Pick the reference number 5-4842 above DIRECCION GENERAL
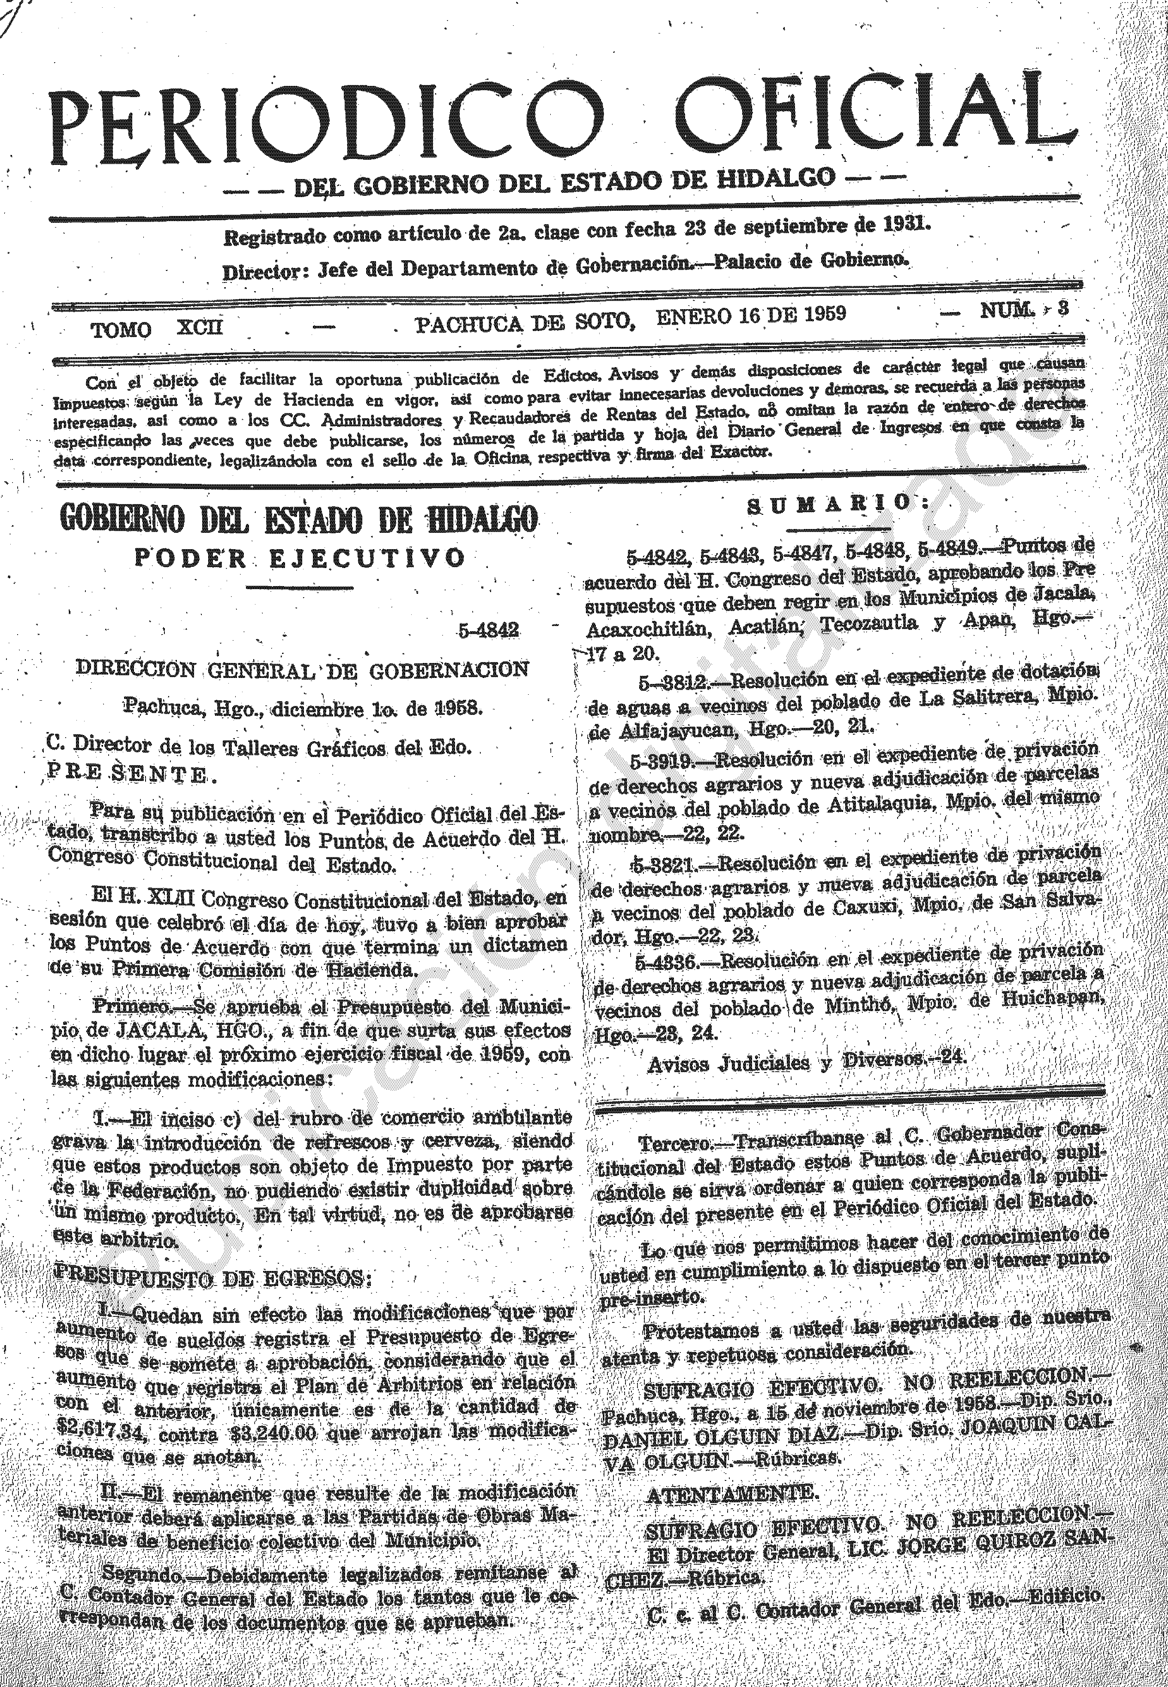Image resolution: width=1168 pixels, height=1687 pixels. (x=489, y=631)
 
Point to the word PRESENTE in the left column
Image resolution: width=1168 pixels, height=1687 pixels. (x=127, y=774)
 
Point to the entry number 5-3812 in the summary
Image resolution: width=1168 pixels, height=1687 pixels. (x=672, y=683)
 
